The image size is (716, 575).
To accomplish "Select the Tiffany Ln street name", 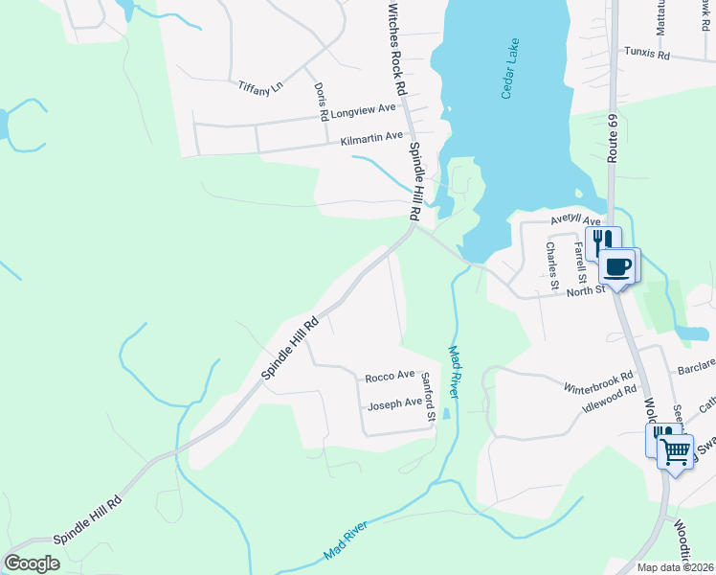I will coord(261,85).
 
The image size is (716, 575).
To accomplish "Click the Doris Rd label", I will coord(322,101).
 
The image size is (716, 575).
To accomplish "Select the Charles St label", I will coord(551,264).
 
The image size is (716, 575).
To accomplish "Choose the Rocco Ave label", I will coord(390,376).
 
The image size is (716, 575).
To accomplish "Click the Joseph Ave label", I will coord(394,403).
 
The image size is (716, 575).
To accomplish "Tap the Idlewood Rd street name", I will coord(610,399).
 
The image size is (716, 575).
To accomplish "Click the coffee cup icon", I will coord(617,265).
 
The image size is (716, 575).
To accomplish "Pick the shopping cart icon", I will coord(676,451).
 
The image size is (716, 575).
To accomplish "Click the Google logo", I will coord(32,563).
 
